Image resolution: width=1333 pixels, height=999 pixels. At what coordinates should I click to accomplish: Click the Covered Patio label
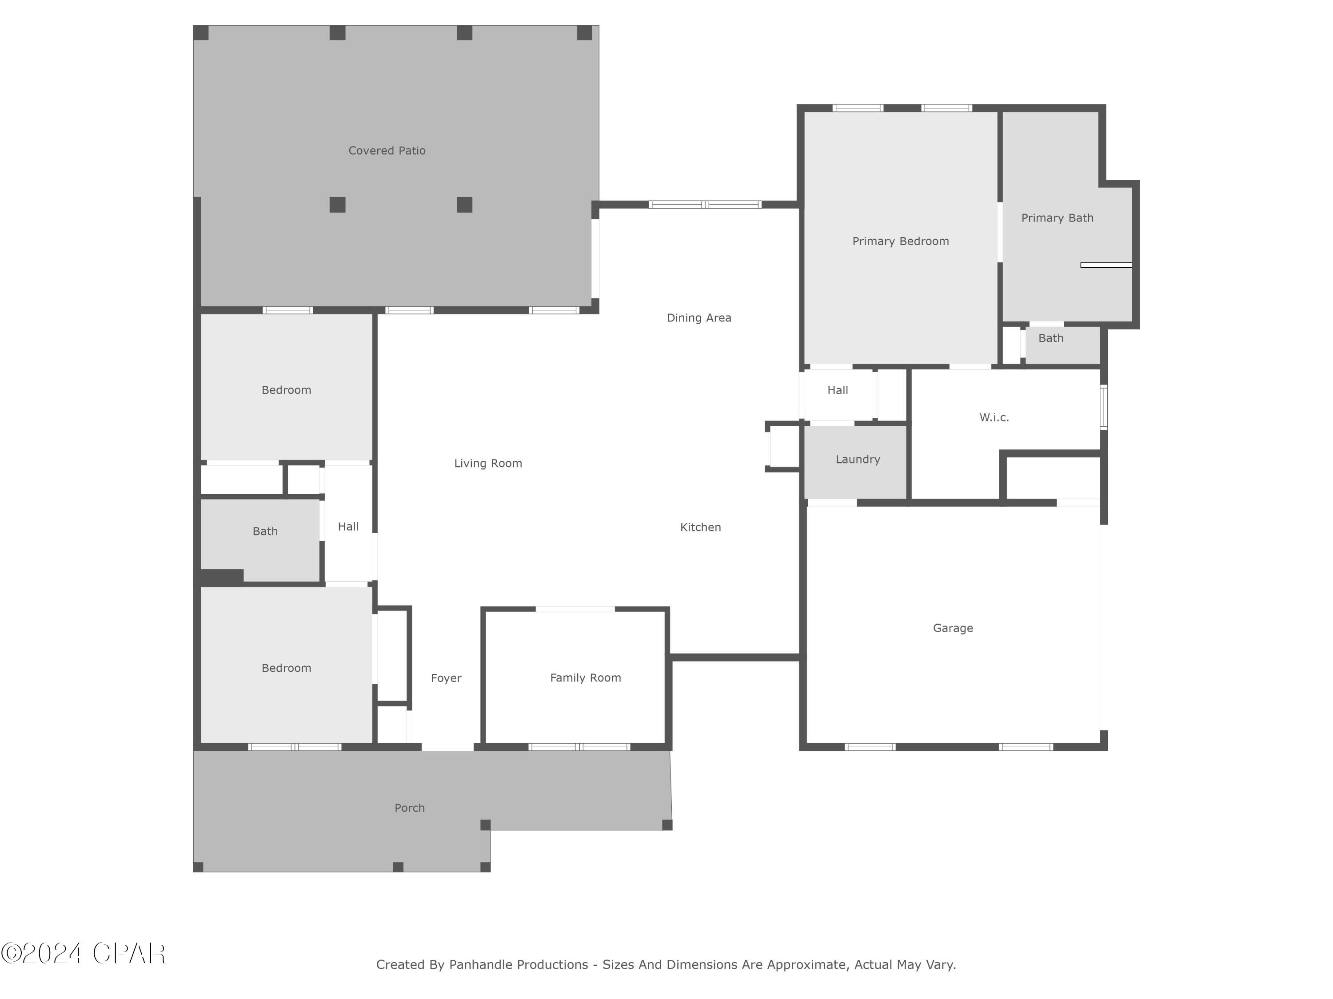click(x=387, y=151)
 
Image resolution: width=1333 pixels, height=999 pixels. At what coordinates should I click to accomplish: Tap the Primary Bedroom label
click(x=900, y=242)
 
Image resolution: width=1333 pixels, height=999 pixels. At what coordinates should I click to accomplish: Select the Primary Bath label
click(x=1057, y=218)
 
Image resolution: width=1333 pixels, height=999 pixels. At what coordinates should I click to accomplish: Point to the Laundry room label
click(x=858, y=460)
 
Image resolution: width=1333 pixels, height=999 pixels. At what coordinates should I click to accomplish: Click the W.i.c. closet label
click(x=994, y=417)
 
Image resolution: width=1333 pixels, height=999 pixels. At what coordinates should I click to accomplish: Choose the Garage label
click(x=953, y=628)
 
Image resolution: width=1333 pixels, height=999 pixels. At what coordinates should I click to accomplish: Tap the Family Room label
click(x=585, y=678)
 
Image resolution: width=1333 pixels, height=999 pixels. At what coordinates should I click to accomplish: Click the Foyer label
click(x=446, y=678)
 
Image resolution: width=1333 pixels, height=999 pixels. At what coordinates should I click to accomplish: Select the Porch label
click(x=409, y=808)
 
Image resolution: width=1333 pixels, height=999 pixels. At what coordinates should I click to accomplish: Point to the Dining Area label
click(x=698, y=318)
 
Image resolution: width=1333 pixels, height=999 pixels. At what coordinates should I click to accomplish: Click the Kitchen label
click(x=700, y=527)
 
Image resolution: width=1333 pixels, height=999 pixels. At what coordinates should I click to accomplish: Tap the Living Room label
click(x=487, y=464)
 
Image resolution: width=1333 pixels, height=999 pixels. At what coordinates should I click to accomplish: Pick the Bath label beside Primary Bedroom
click(x=1050, y=338)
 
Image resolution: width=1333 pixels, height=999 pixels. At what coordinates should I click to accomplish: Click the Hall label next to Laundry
click(x=837, y=391)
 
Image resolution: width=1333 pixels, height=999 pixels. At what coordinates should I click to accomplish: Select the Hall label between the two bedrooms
click(x=348, y=527)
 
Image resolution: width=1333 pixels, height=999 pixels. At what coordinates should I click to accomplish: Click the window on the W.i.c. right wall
click(x=1103, y=408)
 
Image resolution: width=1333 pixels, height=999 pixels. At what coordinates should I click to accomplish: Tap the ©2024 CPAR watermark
click(x=83, y=953)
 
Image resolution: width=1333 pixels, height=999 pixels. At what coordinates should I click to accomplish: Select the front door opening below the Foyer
click(x=447, y=747)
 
